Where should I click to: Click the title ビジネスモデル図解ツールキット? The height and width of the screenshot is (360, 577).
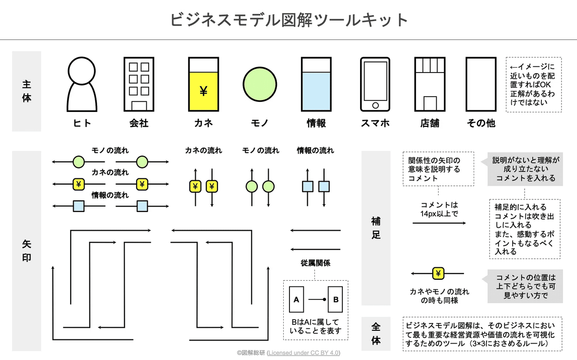[x=288, y=20]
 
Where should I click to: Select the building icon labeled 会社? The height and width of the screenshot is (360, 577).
[x=139, y=84]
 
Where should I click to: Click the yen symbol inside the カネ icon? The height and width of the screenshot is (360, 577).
[x=203, y=91]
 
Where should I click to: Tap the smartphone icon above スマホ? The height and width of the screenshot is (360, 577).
[x=375, y=85]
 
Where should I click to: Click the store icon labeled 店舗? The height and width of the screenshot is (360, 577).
[x=430, y=85]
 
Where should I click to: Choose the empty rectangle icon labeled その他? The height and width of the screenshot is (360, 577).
[x=480, y=85]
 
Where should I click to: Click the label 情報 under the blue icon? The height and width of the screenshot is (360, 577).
[x=316, y=123]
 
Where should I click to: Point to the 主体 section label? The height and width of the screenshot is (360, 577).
[x=26, y=91]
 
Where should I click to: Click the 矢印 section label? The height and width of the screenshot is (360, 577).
[x=26, y=251]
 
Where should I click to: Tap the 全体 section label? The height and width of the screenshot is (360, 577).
[x=376, y=334]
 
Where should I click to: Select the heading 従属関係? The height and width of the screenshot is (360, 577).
[x=315, y=263]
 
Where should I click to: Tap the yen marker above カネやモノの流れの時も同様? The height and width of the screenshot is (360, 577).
[x=438, y=273]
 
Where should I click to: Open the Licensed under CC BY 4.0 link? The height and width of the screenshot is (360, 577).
[x=303, y=353]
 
